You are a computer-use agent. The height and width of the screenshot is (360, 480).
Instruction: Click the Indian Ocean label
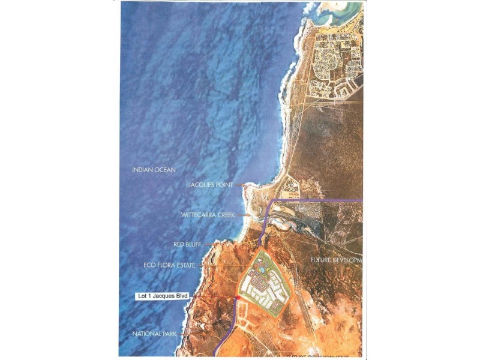coord(154,170)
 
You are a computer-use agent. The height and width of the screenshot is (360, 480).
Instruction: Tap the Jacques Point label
coord(214,186)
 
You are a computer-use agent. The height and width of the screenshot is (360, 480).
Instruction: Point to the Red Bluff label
coord(188,245)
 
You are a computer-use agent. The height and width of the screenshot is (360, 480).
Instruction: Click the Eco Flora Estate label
coord(170,264)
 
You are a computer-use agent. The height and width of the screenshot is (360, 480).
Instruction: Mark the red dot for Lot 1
coord(238,298)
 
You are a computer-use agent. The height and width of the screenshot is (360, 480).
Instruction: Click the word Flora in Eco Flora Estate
coord(166,264)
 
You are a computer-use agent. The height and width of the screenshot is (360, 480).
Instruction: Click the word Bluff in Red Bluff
coord(195,245)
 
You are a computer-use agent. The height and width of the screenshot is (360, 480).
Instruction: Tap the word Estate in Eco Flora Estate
coord(185,264)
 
